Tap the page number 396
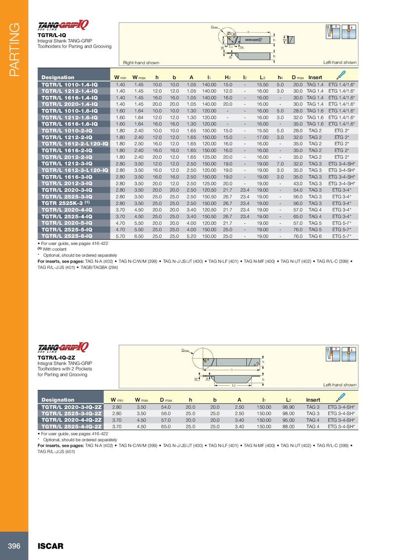click(13, 546)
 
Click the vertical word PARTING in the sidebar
click(13, 50)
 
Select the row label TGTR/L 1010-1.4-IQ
click(69, 85)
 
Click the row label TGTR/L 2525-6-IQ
click(69, 236)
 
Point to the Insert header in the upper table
click(315, 77)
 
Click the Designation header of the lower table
click(58, 400)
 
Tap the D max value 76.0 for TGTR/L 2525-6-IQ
click(297, 236)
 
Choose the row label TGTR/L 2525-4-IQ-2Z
click(72, 425)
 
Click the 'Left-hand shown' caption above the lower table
click(340, 384)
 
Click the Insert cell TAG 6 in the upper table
click(315, 236)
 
